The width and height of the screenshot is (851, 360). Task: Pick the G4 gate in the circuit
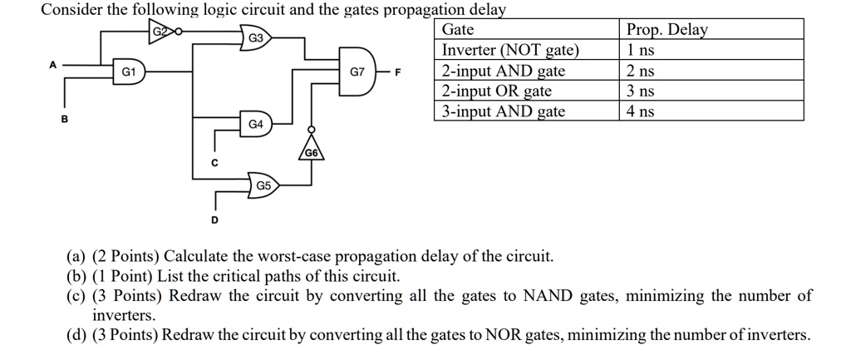[x=256, y=124]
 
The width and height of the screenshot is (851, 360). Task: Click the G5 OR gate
[x=262, y=184]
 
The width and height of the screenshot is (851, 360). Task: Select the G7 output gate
[x=358, y=72]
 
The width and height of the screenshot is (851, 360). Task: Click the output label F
[x=397, y=72]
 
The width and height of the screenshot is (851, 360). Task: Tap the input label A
[x=53, y=63]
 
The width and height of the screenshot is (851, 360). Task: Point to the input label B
[x=64, y=118]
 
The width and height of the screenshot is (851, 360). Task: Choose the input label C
[x=214, y=163]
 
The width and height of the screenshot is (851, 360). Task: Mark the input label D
[x=214, y=219]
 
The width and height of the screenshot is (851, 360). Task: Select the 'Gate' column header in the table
[x=458, y=30]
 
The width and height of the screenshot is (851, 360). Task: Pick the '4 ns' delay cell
[x=641, y=111]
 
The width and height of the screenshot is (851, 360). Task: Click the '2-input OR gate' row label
[x=496, y=91]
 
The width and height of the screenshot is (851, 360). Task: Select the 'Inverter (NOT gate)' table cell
[x=509, y=50]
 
